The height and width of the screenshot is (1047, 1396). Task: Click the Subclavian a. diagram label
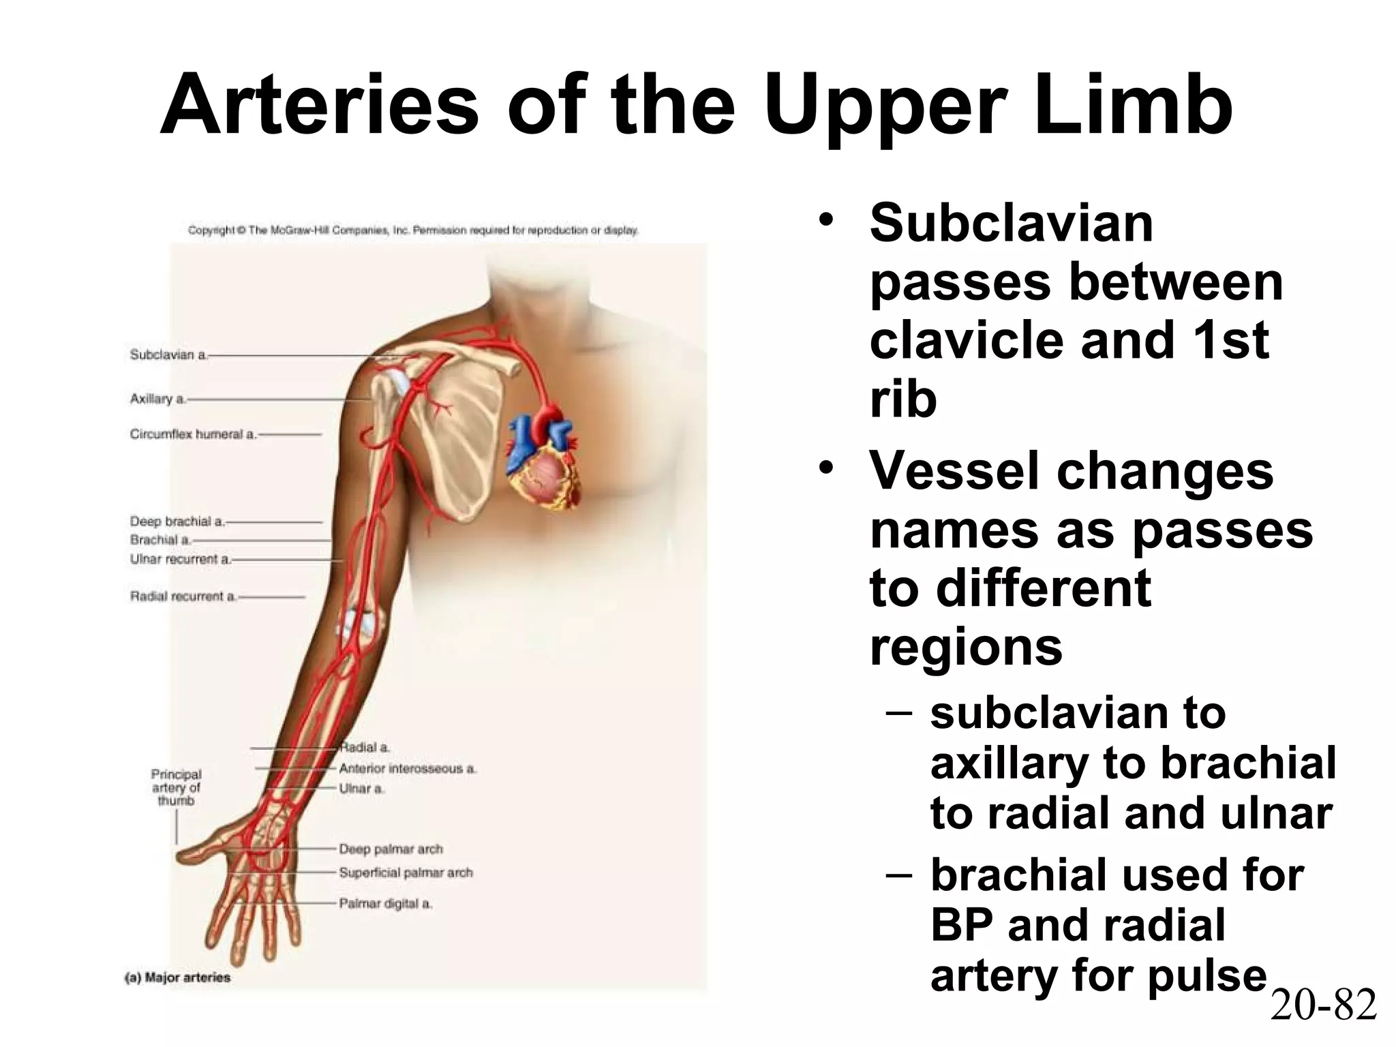[168, 354]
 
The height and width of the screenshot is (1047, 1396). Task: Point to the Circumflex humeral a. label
[193, 434]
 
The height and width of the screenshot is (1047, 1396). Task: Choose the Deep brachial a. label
[177, 521]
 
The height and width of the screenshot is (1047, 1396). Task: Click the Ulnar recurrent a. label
[181, 559]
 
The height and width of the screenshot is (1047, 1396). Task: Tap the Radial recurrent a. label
[183, 596]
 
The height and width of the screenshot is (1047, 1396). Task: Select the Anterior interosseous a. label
[408, 769]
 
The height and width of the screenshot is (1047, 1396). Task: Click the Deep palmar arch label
[391, 849]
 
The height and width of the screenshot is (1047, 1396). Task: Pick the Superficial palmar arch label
[406, 872]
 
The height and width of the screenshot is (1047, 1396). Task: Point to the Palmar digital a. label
[386, 904]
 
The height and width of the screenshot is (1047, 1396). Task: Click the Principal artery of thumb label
[176, 787]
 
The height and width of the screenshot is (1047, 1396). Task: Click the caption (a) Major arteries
[177, 977]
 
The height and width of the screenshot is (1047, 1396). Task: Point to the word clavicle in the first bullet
[966, 340]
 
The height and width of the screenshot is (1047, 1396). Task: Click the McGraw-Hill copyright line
[413, 230]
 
